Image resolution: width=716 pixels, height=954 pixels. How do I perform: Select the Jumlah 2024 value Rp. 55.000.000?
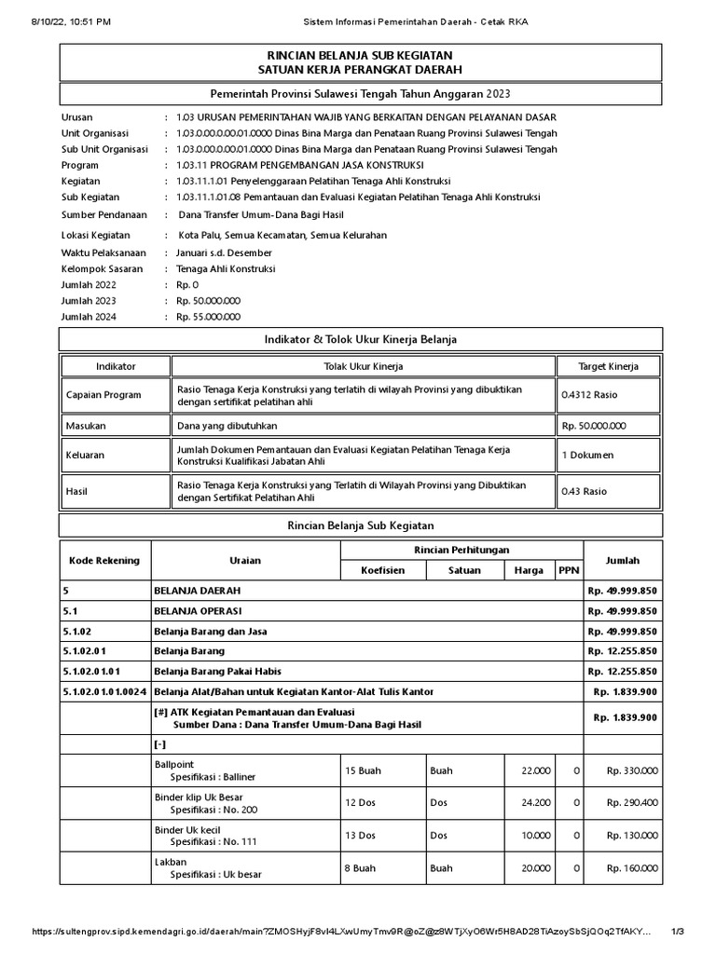click(x=208, y=317)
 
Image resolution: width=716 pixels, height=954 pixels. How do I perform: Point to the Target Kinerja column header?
click(x=608, y=366)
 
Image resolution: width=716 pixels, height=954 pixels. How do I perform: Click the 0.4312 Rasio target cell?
click(x=589, y=395)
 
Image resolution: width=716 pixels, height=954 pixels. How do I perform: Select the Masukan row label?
click(x=87, y=426)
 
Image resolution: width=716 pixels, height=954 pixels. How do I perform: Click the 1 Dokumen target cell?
click(x=586, y=456)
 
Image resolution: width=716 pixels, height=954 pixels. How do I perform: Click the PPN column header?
click(x=567, y=571)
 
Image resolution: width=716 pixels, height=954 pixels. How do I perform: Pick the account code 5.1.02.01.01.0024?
click(x=103, y=691)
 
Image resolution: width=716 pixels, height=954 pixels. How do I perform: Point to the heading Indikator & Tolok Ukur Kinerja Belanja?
click(x=360, y=338)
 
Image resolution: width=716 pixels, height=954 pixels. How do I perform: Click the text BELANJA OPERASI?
click(x=198, y=610)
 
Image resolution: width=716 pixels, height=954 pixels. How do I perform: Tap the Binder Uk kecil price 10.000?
click(x=536, y=836)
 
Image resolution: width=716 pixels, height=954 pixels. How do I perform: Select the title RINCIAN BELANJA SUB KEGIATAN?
click(x=360, y=56)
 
